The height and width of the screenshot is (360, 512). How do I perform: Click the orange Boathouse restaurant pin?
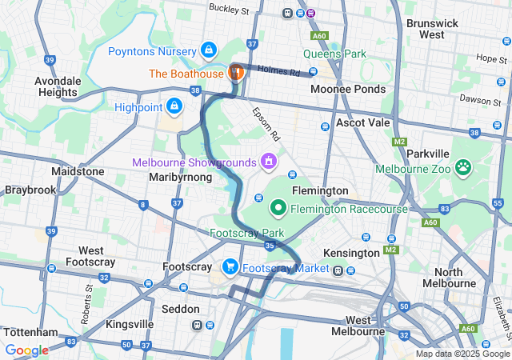pyautogui.click(x=235, y=72)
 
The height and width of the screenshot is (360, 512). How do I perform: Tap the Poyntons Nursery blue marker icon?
pyautogui.click(x=209, y=50)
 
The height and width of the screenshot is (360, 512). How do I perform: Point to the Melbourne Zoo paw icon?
pyautogui.click(x=462, y=168)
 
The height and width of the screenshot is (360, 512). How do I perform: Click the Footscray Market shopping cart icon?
pyautogui.click(x=230, y=266)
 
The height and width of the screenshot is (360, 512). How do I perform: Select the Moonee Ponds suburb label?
pyautogui.click(x=348, y=89)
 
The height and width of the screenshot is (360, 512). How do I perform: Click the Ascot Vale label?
pyautogui.click(x=362, y=123)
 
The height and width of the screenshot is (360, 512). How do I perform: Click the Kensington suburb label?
pyautogui.click(x=350, y=253)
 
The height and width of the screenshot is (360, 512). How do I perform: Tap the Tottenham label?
pyautogui.click(x=31, y=331)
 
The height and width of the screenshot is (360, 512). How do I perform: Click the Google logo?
pyautogui.click(x=27, y=350)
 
